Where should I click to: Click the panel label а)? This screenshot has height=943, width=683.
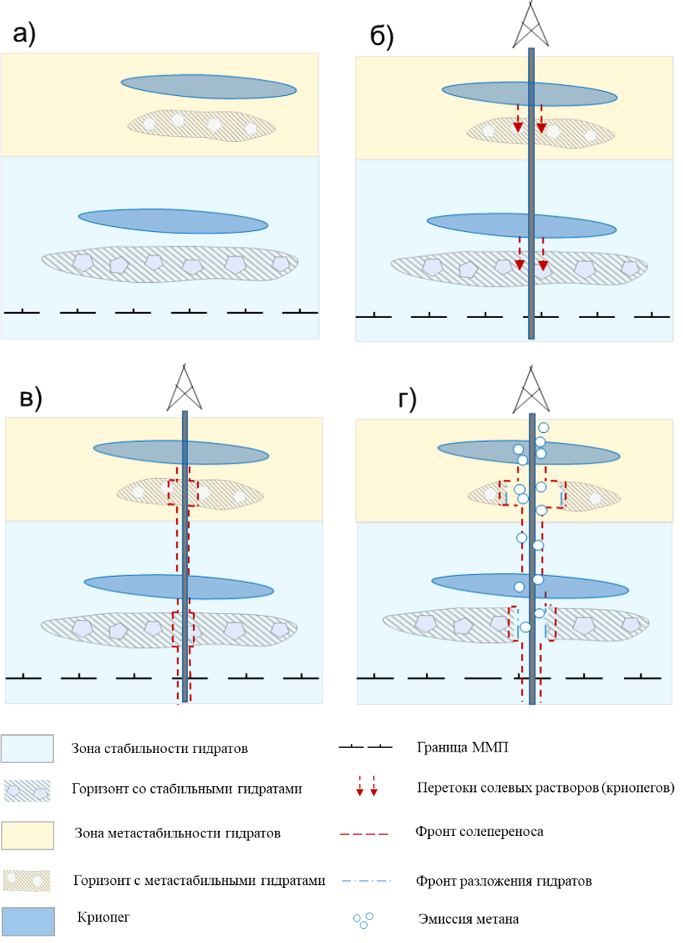point(24,33)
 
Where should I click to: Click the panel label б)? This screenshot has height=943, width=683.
point(382,37)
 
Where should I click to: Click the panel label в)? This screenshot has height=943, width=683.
point(30,398)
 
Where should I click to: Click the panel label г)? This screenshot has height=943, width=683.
point(407,399)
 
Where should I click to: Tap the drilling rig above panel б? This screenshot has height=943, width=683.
point(531,25)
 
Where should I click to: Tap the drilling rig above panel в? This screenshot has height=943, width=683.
point(184,388)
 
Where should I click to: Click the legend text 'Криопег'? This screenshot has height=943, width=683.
point(103,917)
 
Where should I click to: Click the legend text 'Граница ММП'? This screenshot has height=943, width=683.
point(462,747)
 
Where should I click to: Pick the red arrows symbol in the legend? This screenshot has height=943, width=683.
point(367,786)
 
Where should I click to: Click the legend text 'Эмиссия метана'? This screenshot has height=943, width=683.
point(468,919)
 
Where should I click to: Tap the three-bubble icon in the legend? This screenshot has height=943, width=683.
point(363,920)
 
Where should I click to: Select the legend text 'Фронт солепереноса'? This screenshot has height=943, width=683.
point(479,831)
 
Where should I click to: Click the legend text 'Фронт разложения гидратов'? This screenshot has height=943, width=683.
point(504,881)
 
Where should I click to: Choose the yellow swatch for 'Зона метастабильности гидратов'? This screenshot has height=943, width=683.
point(28,835)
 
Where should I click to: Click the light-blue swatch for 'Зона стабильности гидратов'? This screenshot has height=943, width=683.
point(27,749)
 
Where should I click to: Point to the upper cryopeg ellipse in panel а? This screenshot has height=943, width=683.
point(208,87)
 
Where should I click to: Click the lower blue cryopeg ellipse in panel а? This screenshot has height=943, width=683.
point(173,221)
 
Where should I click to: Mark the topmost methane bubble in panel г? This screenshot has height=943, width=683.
point(543,428)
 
